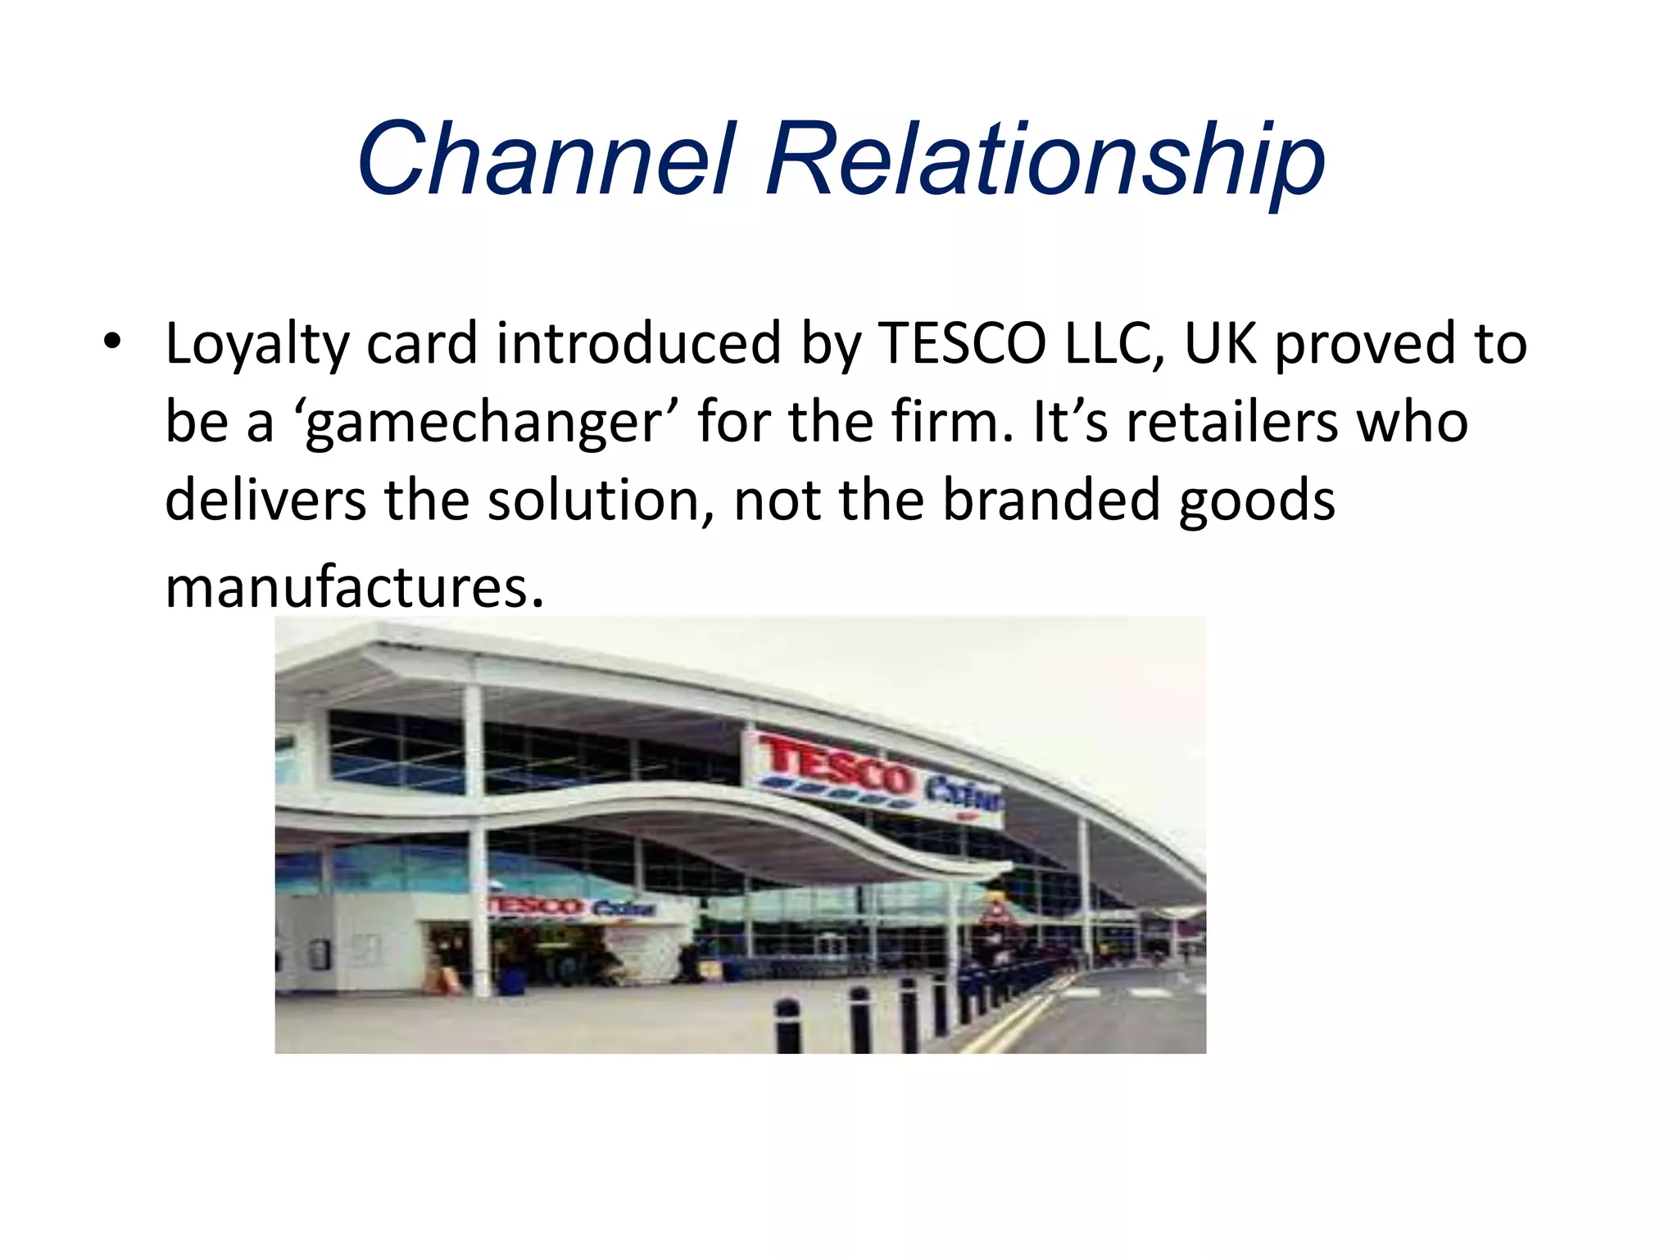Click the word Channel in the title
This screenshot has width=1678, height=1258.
point(542,159)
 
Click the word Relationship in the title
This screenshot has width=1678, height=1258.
point(1045,161)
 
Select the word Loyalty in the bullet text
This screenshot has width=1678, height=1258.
point(256,344)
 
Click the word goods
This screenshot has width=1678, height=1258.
point(1256,501)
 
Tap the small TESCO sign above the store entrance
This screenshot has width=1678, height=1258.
point(537,906)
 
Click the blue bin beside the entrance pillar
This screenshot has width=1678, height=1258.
point(512,980)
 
